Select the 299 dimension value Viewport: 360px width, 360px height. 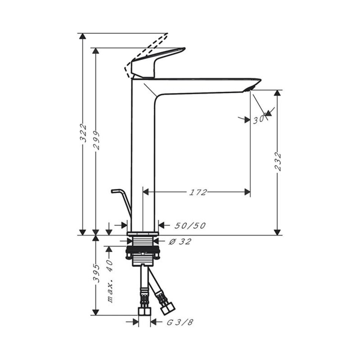point(96,140)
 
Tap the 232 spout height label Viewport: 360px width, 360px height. point(278,161)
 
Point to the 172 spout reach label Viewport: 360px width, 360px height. point(198,192)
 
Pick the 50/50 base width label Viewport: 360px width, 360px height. point(190,226)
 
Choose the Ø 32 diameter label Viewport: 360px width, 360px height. point(180,241)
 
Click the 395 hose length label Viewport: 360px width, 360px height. point(96,273)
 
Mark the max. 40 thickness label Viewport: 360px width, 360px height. point(110,281)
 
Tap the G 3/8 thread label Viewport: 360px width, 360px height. point(180,322)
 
